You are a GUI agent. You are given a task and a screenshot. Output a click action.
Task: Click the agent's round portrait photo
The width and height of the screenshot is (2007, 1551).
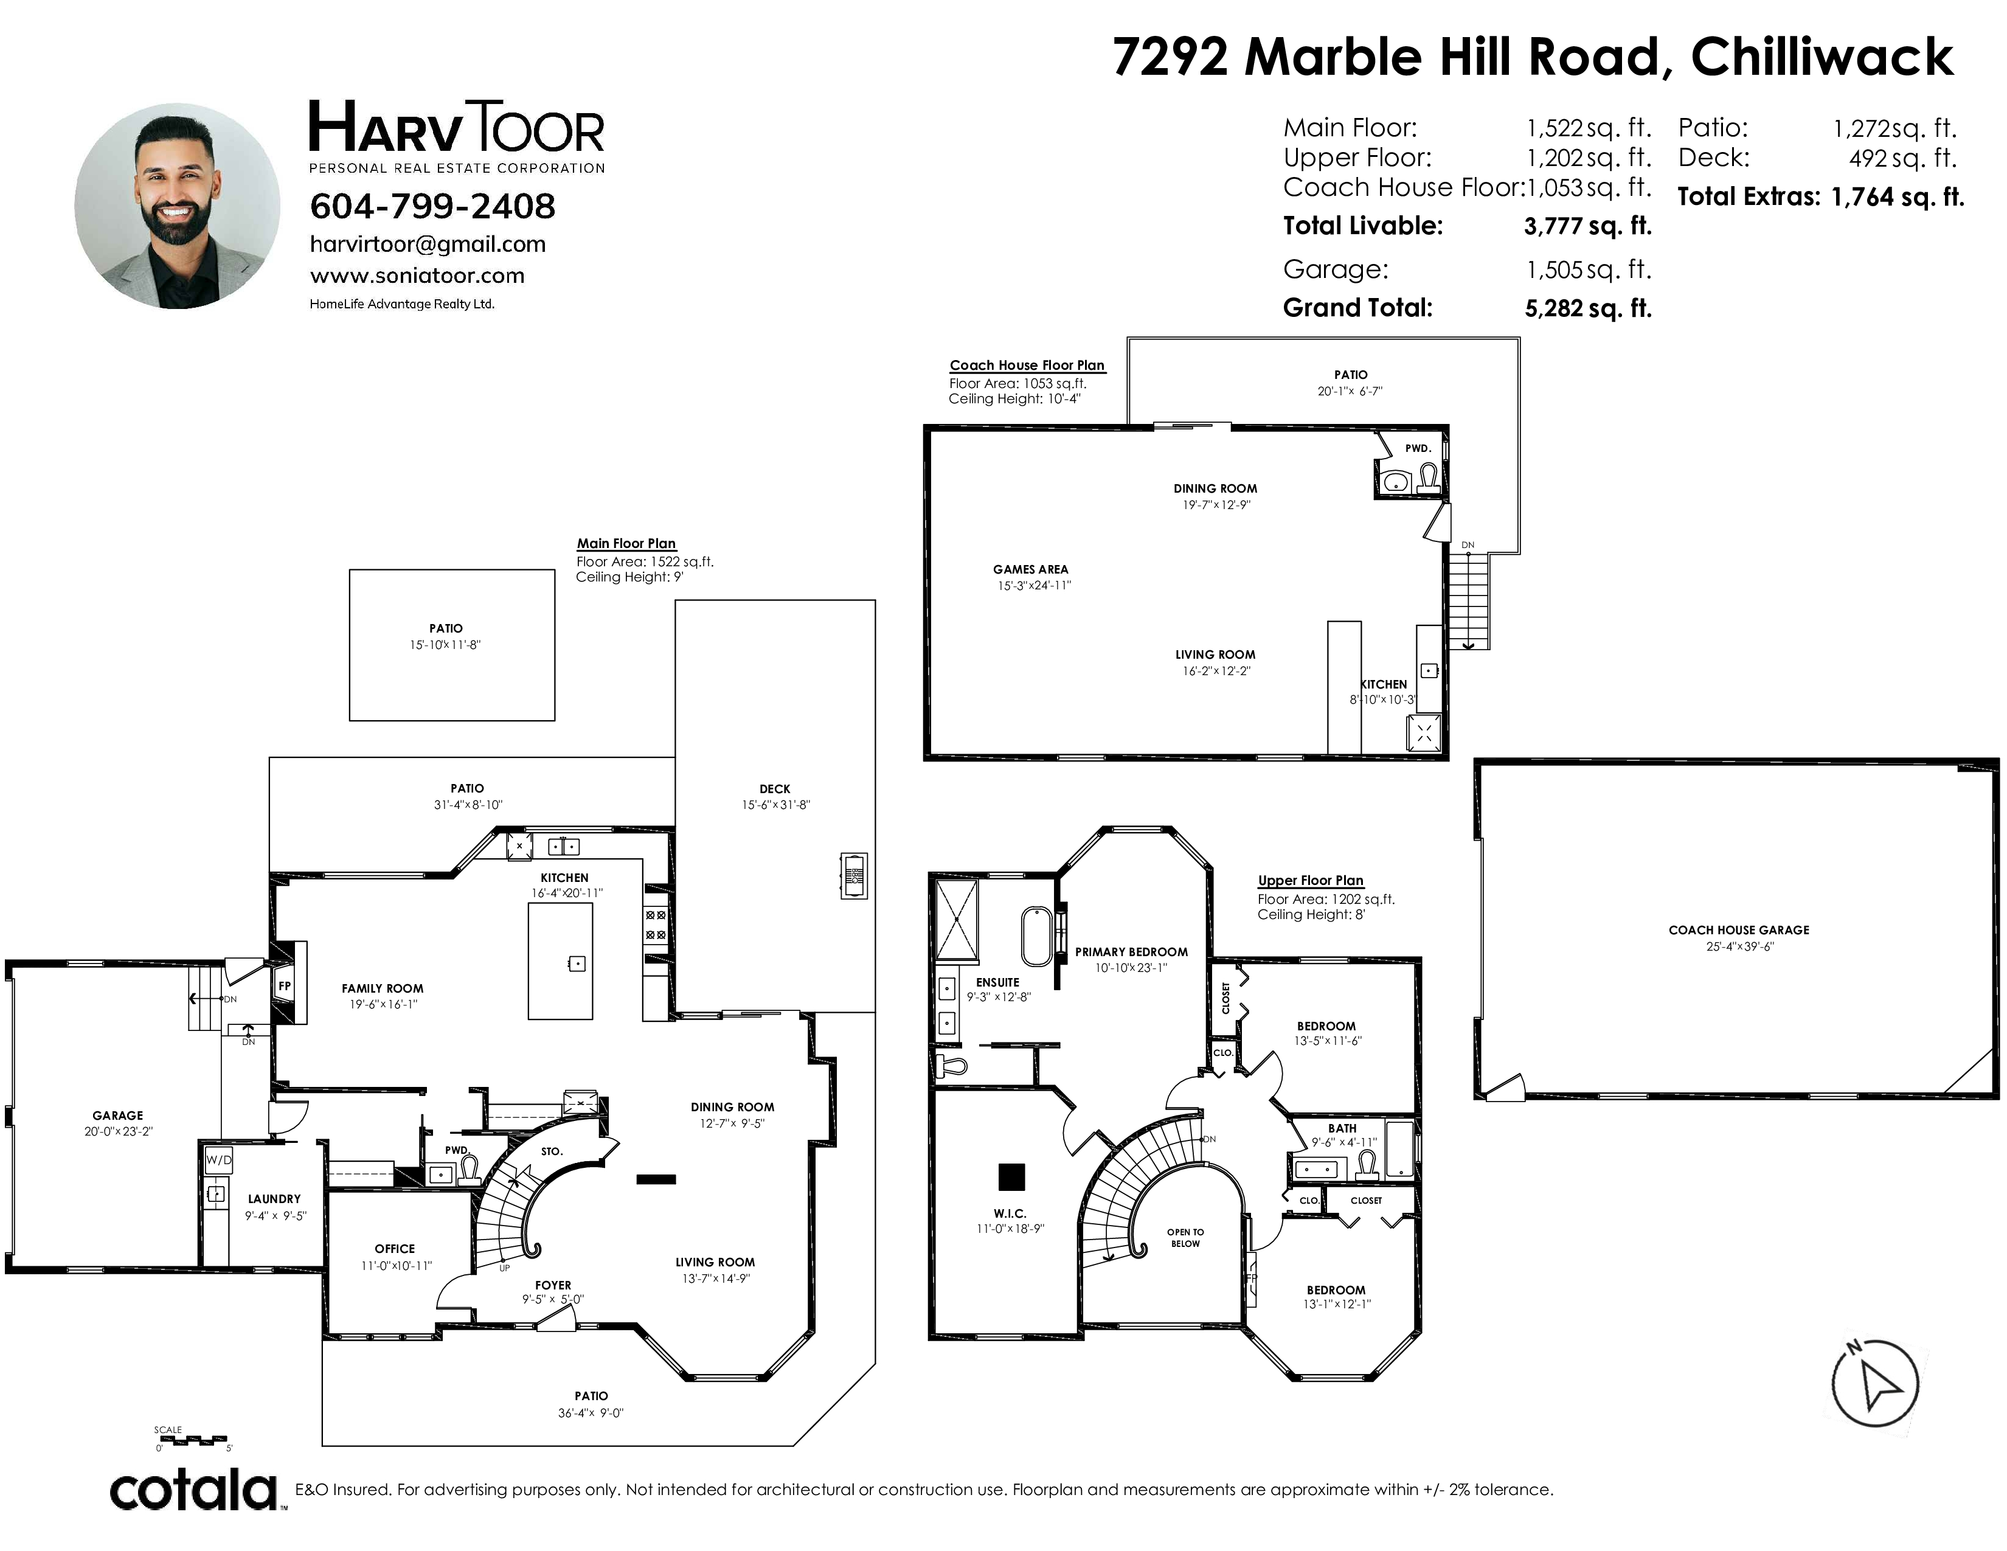[x=178, y=206]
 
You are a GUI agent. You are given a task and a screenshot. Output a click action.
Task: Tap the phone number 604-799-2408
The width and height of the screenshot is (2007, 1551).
[x=433, y=206]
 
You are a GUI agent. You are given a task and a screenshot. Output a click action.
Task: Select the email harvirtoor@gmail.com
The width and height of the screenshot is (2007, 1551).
[x=428, y=245]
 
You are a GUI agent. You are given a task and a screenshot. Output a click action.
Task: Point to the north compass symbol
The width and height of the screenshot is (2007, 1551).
[x=1874, y=1383]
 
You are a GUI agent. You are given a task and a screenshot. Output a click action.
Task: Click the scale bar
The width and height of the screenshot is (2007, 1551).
[x=192, y=1438]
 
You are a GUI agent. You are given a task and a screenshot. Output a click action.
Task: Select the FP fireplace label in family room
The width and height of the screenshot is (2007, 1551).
[x=285, y=986]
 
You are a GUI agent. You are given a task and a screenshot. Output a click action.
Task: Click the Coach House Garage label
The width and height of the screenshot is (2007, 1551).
[x=1739, y=930]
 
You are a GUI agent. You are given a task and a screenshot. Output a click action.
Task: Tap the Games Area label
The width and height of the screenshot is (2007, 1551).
[x=1030, y=570]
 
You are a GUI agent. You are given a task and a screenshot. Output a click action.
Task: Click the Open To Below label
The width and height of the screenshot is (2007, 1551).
[x=1185, y=1238]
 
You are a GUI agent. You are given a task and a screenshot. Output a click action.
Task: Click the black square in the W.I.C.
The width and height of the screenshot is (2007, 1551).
[x=1012, y=1176]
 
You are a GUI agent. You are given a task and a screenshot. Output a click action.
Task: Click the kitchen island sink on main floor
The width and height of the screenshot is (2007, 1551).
[x=577, y=964]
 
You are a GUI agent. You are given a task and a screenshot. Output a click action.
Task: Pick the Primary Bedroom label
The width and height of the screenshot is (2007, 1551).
[x=1131, y=952]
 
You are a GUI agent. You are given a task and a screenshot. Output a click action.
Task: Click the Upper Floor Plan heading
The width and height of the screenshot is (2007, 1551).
[x=1311, y=880]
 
